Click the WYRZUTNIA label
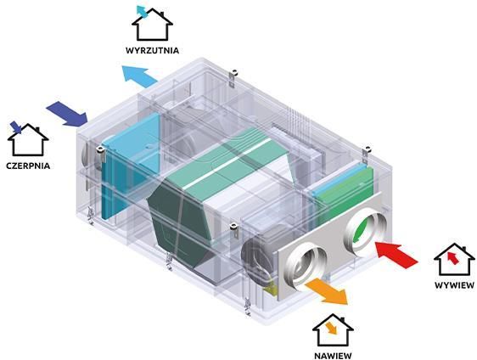[x=152, y=50]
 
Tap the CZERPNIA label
[x=28, y=166]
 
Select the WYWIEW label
[x=454, y=285]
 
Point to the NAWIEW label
[x=333, y=356]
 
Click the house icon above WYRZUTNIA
[x=152, y=25]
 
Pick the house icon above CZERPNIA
[x=28, y=139]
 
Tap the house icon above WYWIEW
[x=454, y=259]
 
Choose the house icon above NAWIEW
[x=333, y=330]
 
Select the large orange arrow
[x=327, y=290]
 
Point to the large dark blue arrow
[x=68, y=113]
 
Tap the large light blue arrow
[x=139, y=76]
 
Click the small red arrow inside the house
[x=453, y=258]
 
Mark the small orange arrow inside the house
[x=331, y=329]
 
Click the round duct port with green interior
[x=365, y=231]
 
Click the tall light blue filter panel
[x=130, y=166]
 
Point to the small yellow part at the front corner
[x=271, y=289]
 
